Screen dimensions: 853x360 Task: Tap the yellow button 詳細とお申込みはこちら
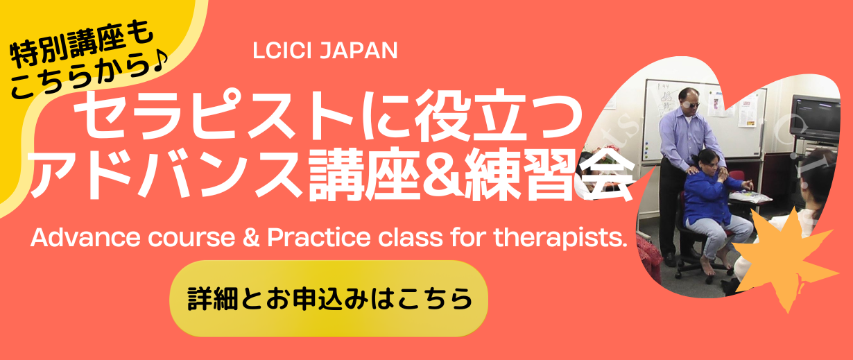tap(329, 298)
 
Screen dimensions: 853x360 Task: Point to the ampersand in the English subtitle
tap(251, 237)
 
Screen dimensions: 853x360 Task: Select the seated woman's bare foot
tap(707, 266)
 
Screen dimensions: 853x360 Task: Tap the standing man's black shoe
tap(669, 259)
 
